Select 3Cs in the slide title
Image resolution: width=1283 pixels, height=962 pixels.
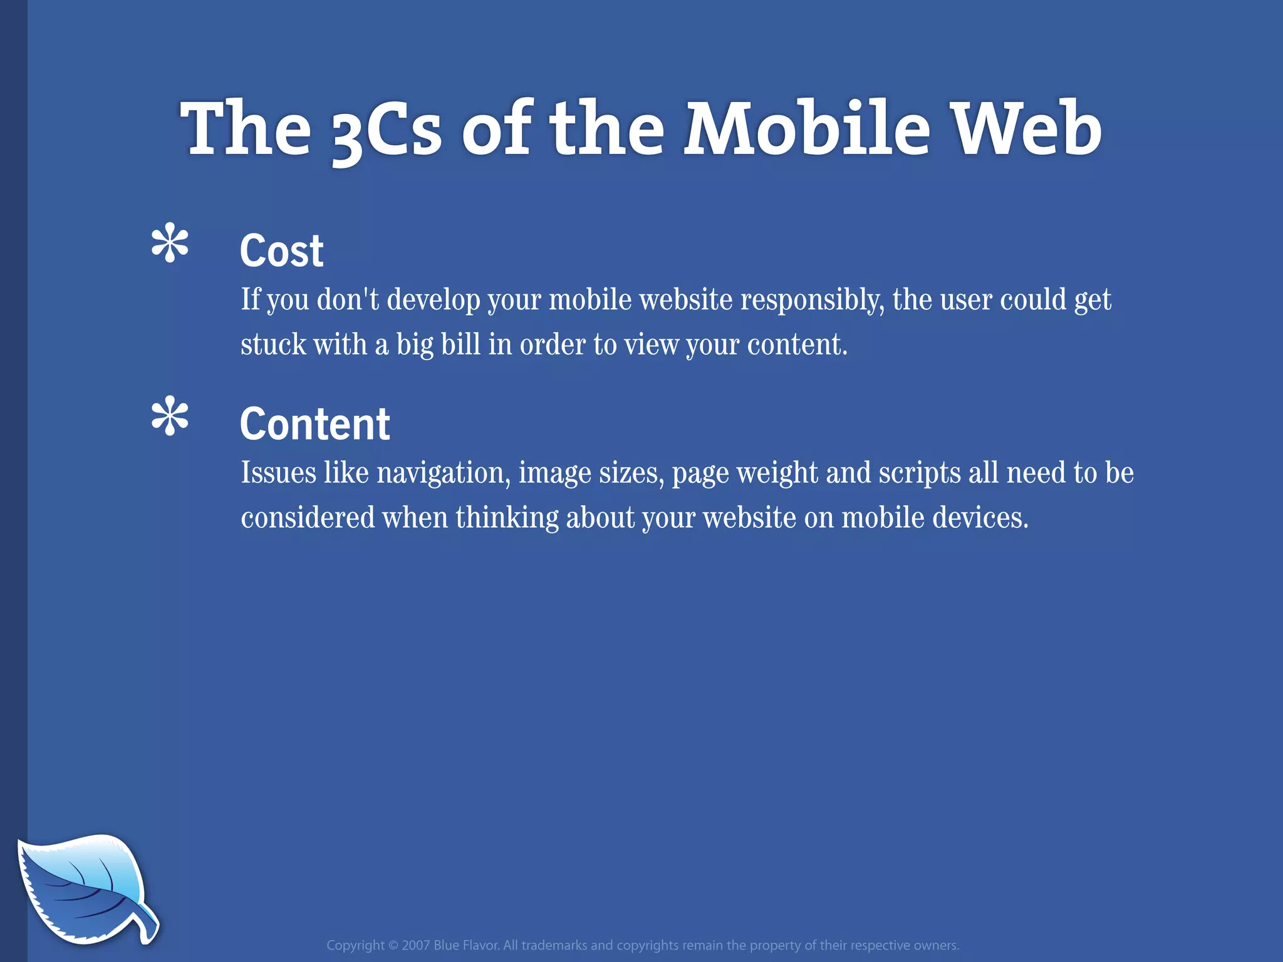tap(386, 132)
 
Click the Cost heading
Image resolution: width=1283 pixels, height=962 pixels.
tap(281, 251)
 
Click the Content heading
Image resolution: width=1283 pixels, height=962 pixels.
tap(314, 424)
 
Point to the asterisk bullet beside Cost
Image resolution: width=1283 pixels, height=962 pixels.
tap(170, 243)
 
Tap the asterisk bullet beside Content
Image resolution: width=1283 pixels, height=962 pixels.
tap(170, 416)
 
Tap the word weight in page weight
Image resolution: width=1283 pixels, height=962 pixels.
tap(777, 473)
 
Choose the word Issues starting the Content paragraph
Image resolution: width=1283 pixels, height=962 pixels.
tap(278, 473)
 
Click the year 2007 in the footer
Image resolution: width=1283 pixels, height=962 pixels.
tap(415, 945)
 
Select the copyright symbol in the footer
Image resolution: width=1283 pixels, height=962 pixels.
tap(393, 945)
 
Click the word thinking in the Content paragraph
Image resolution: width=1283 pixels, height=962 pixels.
tap(507, 518)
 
